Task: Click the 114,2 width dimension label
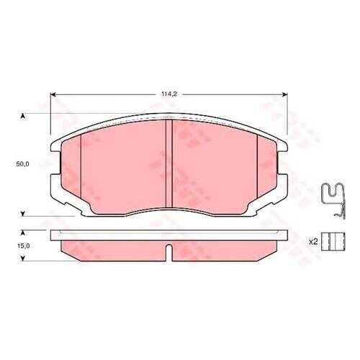click(169, 94)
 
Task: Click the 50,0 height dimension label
click(22, 164)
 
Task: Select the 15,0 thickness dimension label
click(23, 246)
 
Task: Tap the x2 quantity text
click(313, 242)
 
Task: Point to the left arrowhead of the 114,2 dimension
click(53, 94)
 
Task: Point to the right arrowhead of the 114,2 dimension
click(285, 94)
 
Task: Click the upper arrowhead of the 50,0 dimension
click(23, 116)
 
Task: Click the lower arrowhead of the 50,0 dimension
click(23, 214)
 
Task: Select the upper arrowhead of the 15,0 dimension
click(23, 233)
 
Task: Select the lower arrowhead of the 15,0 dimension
click(23, 258)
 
